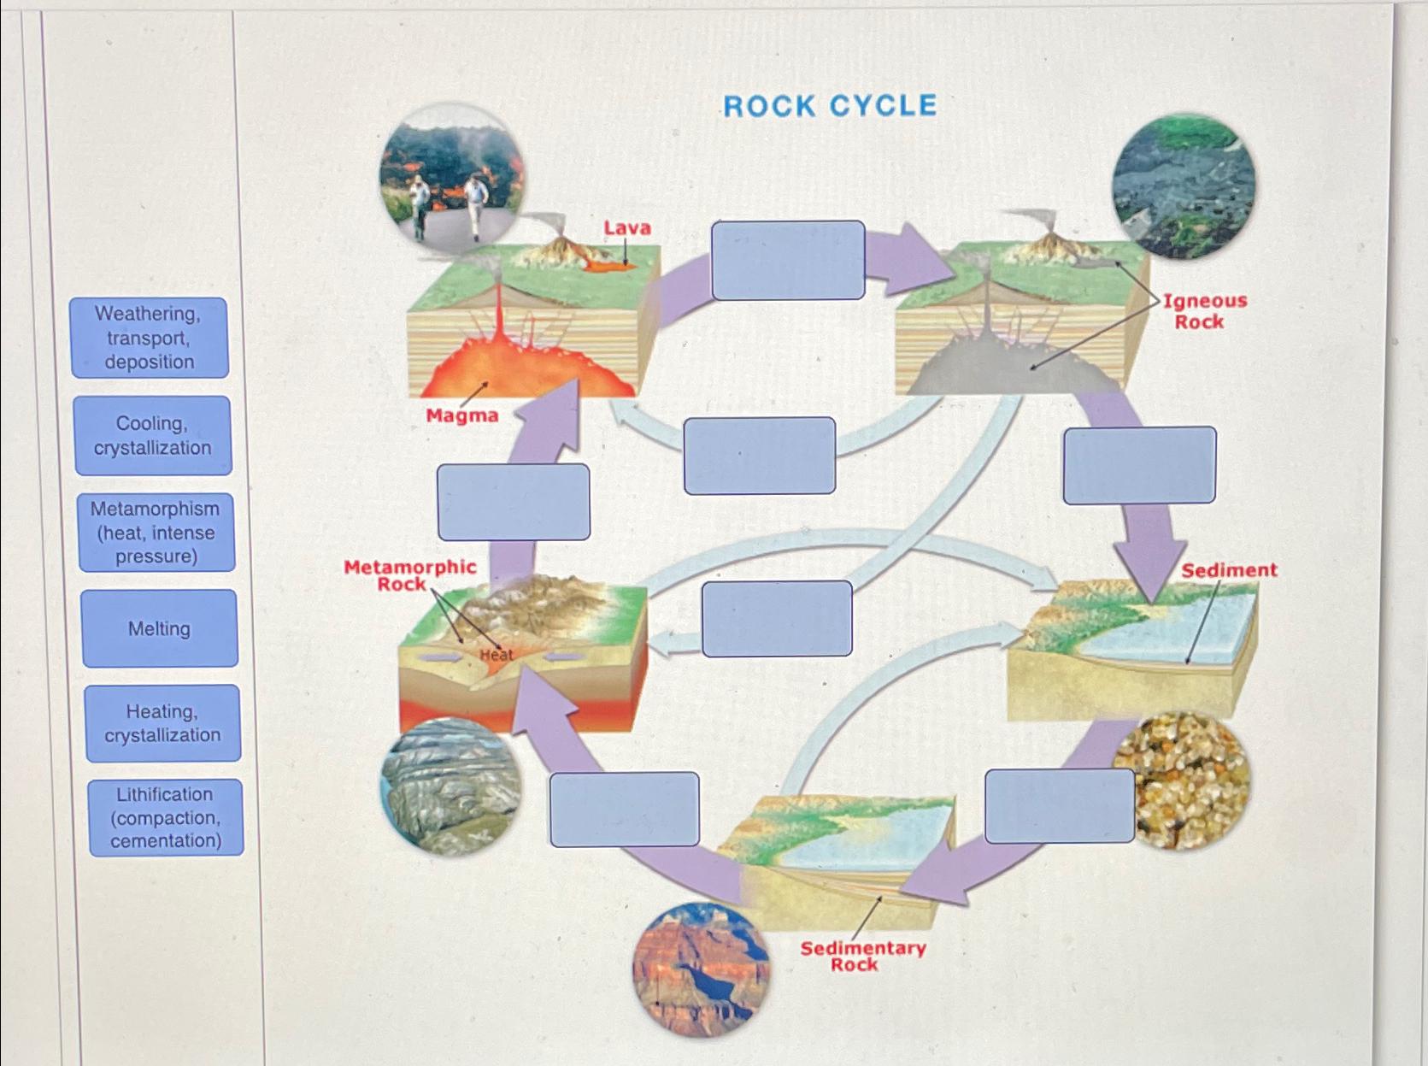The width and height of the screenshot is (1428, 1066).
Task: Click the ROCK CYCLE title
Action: (x=830, y=106)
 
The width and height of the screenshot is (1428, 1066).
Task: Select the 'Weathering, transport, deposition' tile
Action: (x=150, y=338)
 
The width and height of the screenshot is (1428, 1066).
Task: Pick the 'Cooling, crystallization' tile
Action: (x=153, y=436)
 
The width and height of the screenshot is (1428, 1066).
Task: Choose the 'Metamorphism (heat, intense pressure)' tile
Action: (x=156, y=533)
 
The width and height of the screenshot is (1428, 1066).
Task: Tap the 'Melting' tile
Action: (x=160, y=629)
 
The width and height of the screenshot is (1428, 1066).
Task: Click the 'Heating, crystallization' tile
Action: (x=162, y=723)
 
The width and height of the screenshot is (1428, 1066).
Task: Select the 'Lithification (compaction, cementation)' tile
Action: (x=166, y=818)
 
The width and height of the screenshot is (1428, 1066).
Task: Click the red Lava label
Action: (x=627, y=228)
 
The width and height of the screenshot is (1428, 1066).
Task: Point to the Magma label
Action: (x=462, y=416)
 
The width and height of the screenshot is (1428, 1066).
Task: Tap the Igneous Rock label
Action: (x=1203, y=311)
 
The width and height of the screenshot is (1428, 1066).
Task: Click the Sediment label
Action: (x=1229, y=570)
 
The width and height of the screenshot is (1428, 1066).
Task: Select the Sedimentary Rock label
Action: (x=861, y=956)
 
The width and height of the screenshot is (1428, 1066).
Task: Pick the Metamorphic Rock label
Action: (x=409, y=575)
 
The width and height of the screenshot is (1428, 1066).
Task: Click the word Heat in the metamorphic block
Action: (x=497, y=655)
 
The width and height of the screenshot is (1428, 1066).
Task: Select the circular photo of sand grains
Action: (x=1184, y=780)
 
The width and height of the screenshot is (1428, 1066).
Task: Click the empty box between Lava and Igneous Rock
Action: (x=788, y=260)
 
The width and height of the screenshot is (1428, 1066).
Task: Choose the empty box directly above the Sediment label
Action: (x=1139, y=465)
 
